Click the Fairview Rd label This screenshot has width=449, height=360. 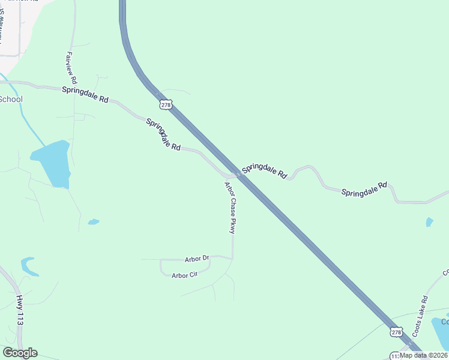pos(69,67)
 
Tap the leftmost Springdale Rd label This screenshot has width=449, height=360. pos(85,95)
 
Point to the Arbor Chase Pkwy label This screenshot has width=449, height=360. pos(231,207)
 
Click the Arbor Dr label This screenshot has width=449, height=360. pos(197,259)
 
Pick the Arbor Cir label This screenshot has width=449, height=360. pos(184,275)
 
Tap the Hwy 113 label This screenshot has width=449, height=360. pos(20,310)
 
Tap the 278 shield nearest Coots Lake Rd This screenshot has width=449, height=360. pos(396,332)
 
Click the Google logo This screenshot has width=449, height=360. pos(20,353)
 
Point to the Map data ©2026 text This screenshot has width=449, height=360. pos(423,355)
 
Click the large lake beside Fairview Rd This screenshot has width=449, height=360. pos(53,163)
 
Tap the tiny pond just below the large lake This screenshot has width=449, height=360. pos(93,222)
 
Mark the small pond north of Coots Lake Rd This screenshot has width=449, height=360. pos(429,223)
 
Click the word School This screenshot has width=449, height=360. pos(10,99)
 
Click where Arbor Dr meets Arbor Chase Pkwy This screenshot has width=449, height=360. pos(232,259)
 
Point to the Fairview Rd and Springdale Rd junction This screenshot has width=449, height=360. pos(73,90)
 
